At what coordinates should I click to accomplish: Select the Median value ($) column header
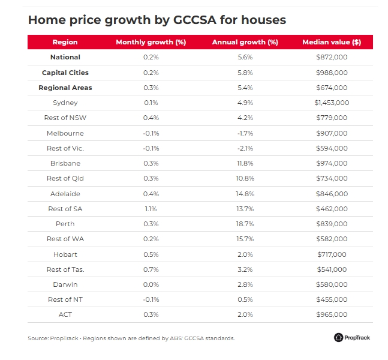(332, 42)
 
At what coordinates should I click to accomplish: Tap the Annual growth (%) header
(245, 42)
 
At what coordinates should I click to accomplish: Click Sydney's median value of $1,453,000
(332, 103)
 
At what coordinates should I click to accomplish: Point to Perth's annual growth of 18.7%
(245, 224)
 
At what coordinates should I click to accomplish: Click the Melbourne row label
(65, 133)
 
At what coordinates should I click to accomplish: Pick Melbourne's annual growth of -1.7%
(245, 133)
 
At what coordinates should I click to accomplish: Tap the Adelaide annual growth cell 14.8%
(245, 194)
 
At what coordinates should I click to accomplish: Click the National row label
(65, 58)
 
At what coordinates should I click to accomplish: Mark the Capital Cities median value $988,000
(332, 73)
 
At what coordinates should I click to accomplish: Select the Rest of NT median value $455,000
(332, 299)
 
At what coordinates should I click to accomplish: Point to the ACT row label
(65, 314)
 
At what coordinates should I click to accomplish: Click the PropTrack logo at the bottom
(352, 337)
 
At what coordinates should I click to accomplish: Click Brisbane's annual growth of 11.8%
(245, 163)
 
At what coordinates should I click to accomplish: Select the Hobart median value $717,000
(332, 254)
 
